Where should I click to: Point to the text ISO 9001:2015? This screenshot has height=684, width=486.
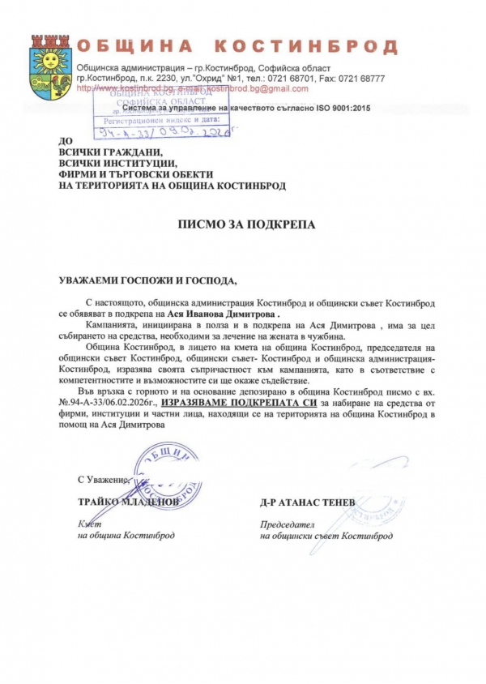[333, 108]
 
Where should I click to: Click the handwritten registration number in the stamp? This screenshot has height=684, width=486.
[155, 130]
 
